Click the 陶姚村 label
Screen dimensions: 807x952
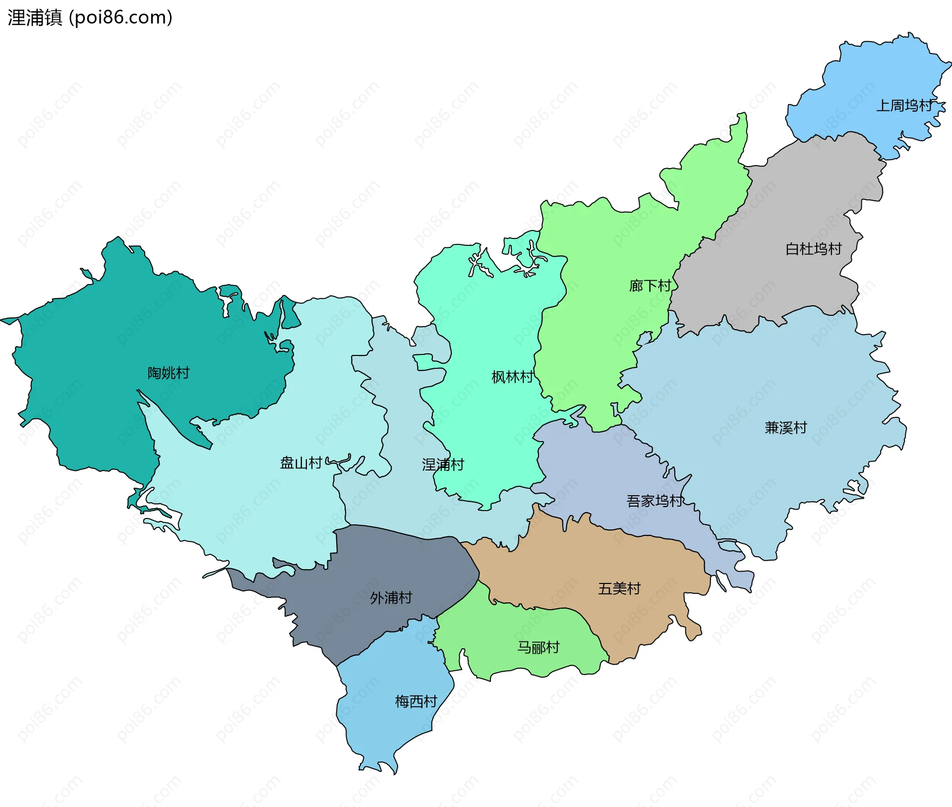point(169,373)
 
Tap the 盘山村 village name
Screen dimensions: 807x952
point(301,463)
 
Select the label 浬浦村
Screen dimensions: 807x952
point(443,464)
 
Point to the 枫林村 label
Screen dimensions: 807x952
point(512,377)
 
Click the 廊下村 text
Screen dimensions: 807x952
point(650,286)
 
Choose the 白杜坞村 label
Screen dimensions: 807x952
point(814,249)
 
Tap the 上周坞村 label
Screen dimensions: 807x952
point(904,106)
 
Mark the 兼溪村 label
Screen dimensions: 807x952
point(786,427)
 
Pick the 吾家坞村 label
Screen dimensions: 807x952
point(654,501)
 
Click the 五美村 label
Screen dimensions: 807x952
point(619,588)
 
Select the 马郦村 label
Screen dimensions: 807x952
point(538,647)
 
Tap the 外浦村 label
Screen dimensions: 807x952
point(391,598)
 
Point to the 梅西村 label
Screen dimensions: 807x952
point(416,701)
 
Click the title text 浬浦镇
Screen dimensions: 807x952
point(35,18)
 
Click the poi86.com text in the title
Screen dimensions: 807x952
point(120,18)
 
